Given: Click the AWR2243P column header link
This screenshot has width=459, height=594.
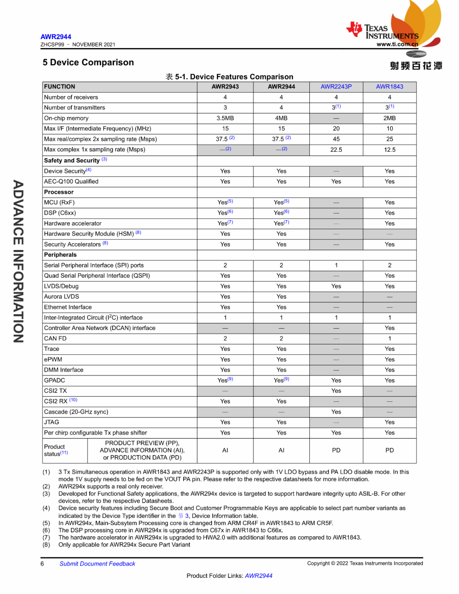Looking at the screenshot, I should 336,87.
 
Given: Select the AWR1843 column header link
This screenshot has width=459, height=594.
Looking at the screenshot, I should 389,87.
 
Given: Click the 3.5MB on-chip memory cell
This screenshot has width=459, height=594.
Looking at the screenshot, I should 225,118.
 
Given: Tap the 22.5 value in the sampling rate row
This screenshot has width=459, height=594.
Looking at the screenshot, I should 336,150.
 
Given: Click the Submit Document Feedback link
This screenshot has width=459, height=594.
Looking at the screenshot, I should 97,564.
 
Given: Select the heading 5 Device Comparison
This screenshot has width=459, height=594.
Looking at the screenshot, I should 88,63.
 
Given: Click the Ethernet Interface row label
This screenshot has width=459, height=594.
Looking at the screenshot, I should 68,307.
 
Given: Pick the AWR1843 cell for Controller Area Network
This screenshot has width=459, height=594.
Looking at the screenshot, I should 389,328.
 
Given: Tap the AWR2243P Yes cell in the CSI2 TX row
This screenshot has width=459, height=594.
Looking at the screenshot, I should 336,391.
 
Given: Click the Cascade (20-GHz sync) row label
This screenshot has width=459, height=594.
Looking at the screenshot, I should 76,412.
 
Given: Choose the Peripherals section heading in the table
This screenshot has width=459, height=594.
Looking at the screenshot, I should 60,255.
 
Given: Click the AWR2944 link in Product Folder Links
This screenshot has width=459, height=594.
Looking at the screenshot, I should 258,576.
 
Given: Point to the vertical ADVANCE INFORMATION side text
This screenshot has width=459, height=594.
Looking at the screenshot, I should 18,261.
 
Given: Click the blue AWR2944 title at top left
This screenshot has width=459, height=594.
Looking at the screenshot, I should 56,37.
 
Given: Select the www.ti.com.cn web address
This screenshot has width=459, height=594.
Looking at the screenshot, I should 397,44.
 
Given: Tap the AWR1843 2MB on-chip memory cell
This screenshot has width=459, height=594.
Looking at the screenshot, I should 389,118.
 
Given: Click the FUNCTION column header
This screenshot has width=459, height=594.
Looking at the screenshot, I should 59,87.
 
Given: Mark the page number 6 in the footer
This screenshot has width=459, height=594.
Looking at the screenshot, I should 42,564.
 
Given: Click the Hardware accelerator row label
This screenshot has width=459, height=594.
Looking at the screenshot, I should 73,223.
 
